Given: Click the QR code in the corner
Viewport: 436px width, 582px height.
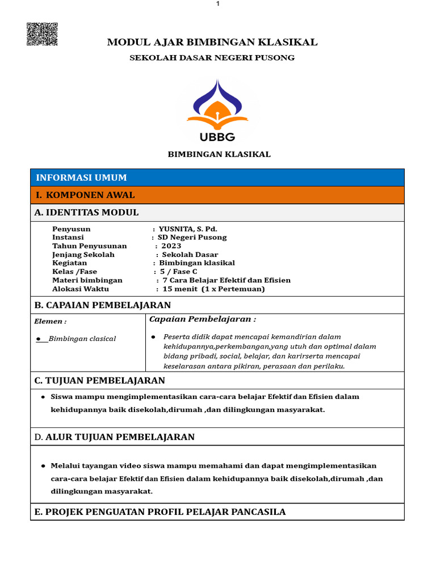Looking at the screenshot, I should (x=42, y=34).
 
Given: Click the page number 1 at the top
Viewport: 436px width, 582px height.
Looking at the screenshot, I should (x=217, y=4).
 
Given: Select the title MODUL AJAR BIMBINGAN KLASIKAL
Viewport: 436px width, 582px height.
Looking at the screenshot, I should (x=212, y=42).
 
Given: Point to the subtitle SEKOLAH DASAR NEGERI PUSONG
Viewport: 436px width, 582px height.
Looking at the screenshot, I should (x=212, y=58).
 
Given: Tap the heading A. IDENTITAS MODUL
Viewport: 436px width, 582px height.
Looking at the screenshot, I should (x=86, y=213).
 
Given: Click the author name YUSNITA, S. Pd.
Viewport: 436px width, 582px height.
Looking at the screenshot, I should (x=188, y=228).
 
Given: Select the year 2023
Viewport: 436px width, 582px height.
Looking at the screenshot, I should (x=171, y=246).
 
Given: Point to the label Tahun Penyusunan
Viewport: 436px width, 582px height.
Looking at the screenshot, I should (x=90, y=246).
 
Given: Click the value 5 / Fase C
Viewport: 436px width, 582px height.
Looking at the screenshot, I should (x=179, y=272).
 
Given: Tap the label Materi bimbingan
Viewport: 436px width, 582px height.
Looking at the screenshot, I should (x=87, y=280).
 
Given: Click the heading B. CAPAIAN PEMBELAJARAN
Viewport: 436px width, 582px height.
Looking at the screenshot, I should (x=102, y=305).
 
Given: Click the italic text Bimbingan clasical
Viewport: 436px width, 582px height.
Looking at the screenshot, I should (x=82, y=339).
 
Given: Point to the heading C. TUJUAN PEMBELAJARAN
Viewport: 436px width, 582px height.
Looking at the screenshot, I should (x=99, y=380).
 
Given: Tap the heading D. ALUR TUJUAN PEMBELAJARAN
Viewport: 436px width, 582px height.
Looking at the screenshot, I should (x=114, y=436).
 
